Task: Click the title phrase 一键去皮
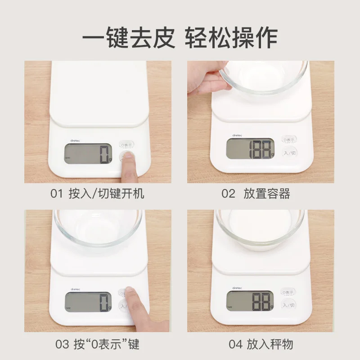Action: coord(128,38)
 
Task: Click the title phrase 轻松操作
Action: coord(231,38)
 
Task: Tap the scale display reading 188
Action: coord(250,148)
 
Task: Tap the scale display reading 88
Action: coord(250,301)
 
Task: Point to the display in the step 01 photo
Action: coord(88,154)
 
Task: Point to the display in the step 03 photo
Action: coord(88,301)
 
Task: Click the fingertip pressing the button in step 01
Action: coord(129,156)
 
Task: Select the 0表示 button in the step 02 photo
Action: coord(289,140)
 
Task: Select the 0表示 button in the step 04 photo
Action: coord(289,292)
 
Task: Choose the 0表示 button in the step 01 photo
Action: coord(127,145)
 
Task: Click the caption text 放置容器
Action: coord(267,194)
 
